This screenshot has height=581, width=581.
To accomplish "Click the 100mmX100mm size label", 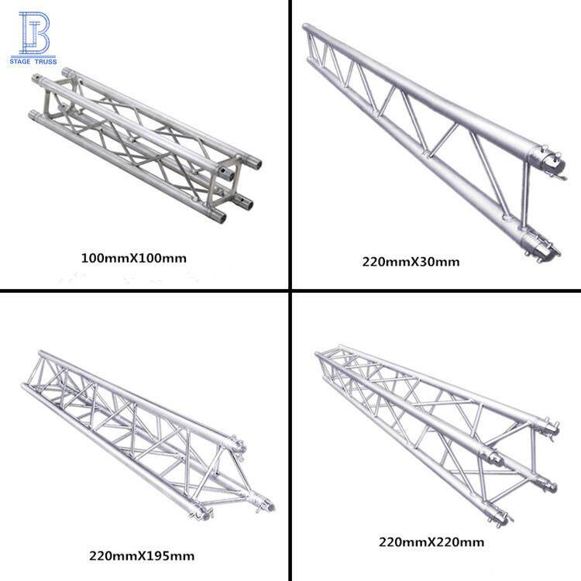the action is (134, 258).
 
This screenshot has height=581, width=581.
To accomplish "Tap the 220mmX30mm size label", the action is (411, 262).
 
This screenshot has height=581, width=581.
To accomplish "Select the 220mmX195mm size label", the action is (142, 555).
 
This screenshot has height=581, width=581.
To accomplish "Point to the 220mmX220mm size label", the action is (431, 542).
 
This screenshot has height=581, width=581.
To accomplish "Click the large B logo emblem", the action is (34, 33).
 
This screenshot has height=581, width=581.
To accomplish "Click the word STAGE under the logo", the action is (20, 61).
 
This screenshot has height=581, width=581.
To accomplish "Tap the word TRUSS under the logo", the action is (46, 61).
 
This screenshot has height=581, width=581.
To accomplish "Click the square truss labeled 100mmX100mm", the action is (145, 145).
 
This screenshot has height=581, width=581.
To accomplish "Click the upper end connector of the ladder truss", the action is (548, 162).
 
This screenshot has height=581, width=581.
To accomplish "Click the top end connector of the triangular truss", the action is (236, 445).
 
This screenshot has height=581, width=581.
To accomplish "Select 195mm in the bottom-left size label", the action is (172, 555).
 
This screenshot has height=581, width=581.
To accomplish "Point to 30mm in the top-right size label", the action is (442, 262).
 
